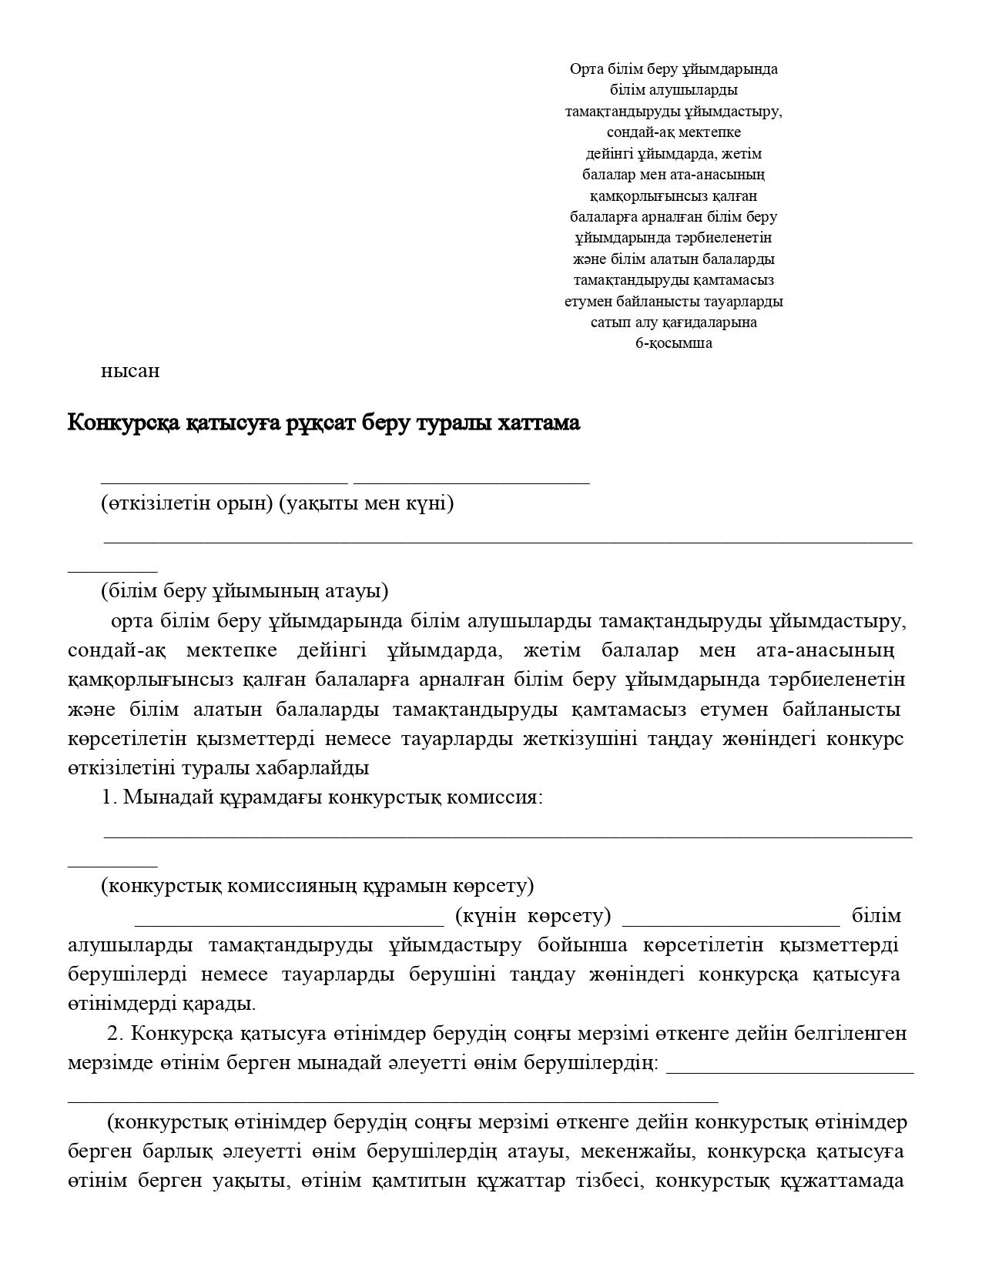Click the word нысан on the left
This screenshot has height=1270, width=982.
pos(130,371)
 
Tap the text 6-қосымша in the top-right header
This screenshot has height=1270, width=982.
pos(673,343)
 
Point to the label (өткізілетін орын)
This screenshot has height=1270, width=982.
pos(187,503)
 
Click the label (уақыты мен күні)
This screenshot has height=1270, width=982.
pos(366,503)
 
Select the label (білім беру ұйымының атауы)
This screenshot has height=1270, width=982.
pos(244,591)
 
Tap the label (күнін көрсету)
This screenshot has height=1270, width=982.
pos(533,916)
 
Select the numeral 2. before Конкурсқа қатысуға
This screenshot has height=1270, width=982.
pos(116,1033)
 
